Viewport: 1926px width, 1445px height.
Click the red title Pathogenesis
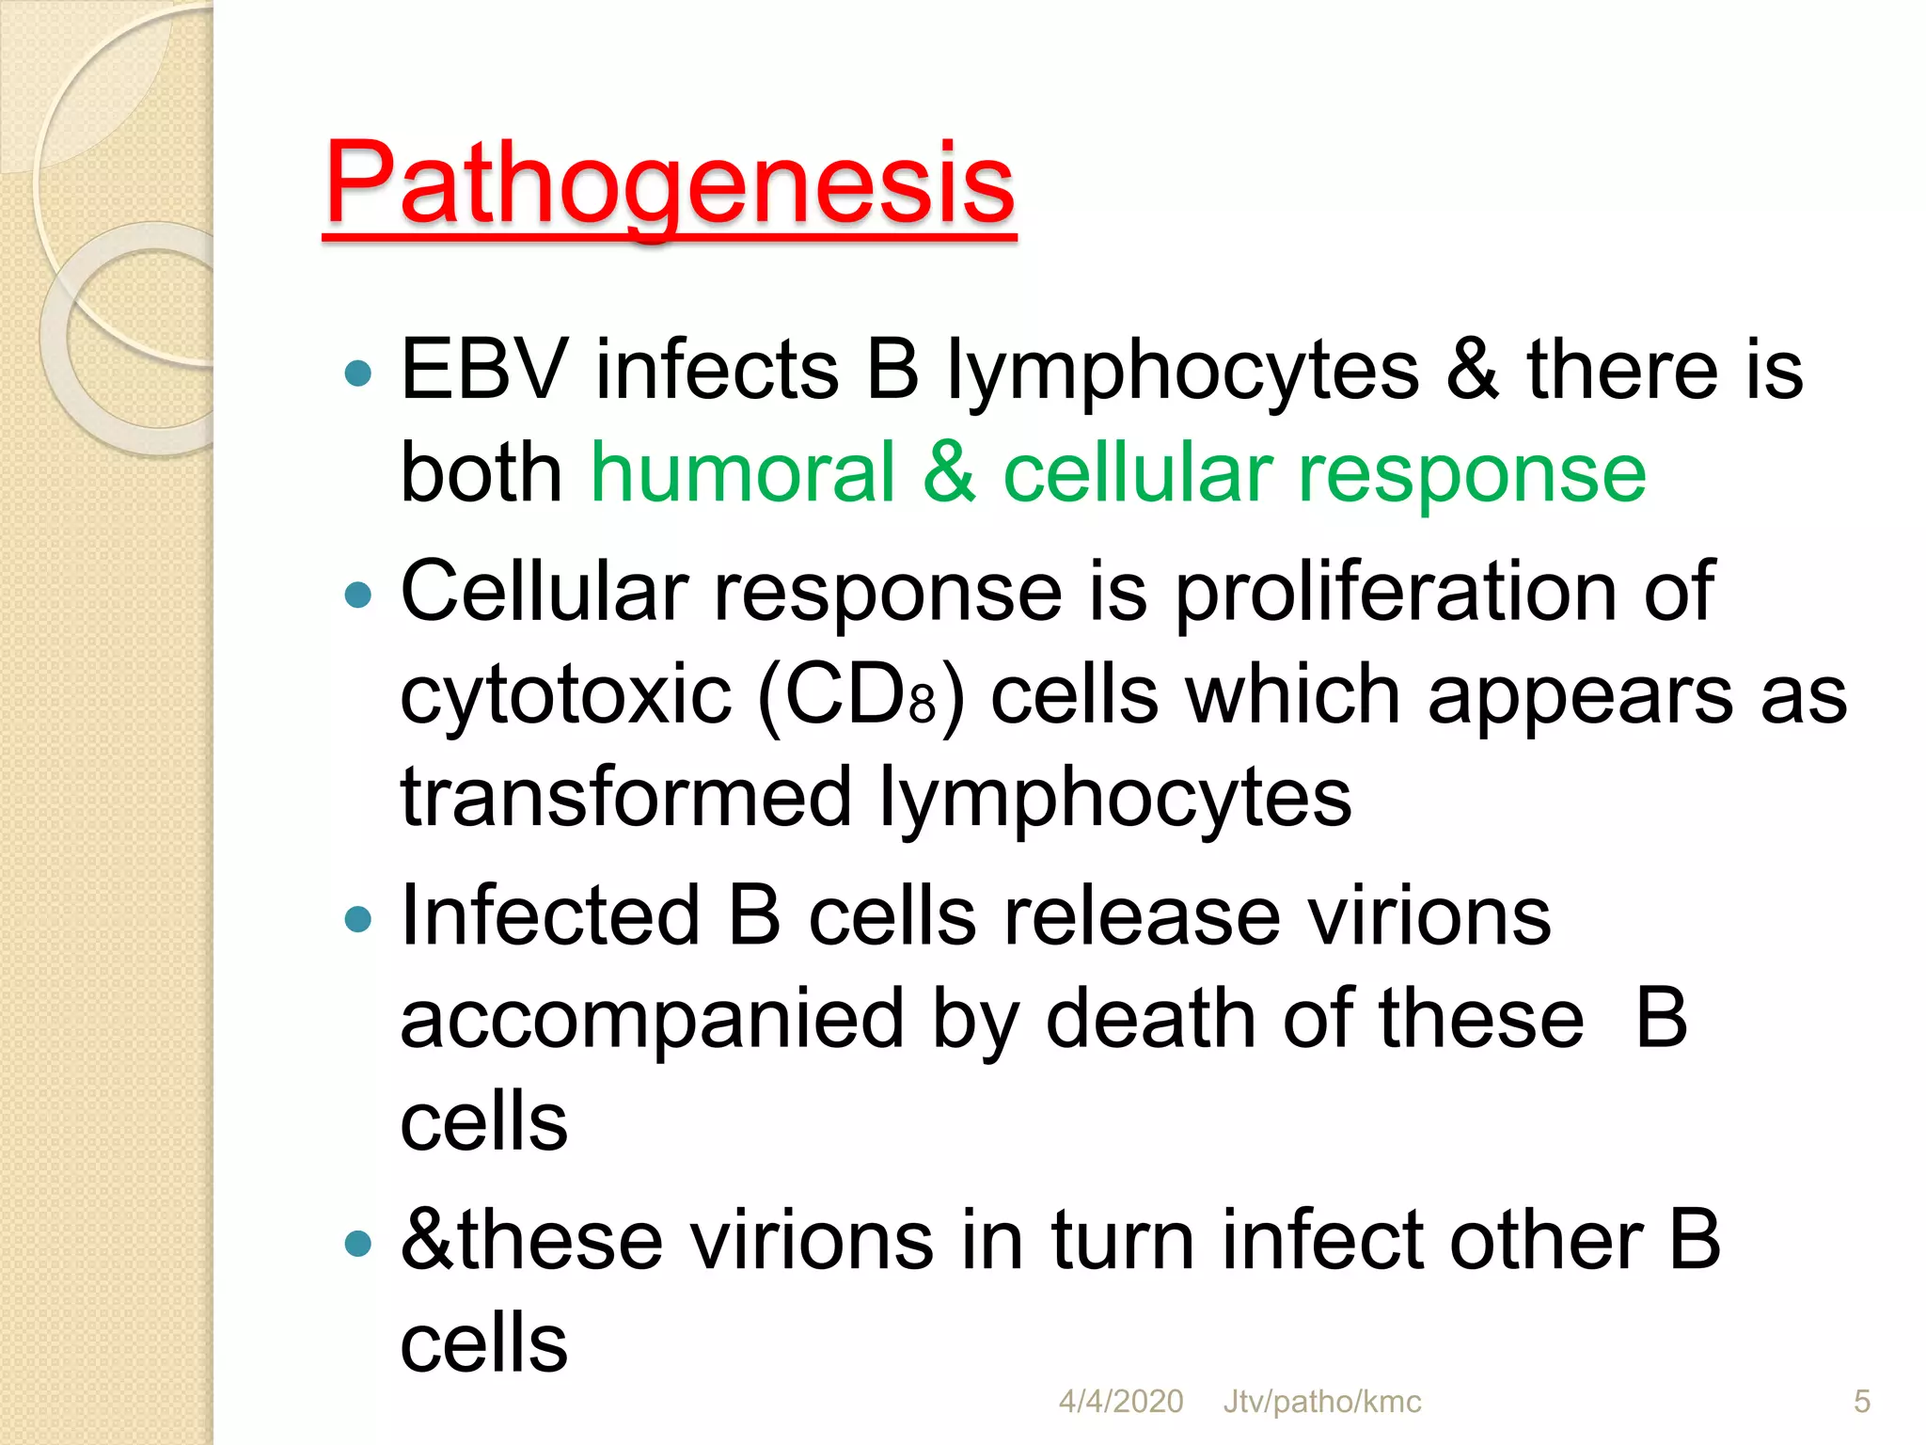[669, 183]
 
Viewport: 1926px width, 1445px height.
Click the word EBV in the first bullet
[484, 370]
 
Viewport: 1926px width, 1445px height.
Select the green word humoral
[742, 472]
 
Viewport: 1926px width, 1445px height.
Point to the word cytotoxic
[565, 697]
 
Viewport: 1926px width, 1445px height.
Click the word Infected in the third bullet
[550, 916]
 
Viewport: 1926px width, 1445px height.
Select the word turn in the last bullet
[1122, 1241]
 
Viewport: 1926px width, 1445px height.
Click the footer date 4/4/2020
[1120, 1402]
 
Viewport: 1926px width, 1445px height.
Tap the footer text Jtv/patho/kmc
[1321, 1402]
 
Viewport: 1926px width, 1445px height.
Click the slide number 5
[1861, 1402]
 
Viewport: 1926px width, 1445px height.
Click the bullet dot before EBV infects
[358, 374]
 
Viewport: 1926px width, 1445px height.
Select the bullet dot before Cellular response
[358, 595]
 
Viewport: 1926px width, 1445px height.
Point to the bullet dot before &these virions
[358, 1245]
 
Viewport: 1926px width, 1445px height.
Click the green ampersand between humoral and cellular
[949, 472]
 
